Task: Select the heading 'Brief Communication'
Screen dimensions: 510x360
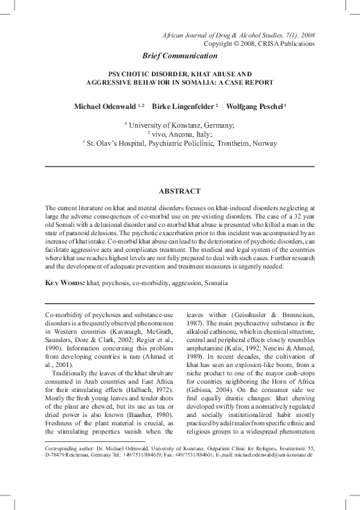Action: click(x=180, y=55)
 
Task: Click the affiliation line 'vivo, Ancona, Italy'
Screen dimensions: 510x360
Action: click(x=181, y=133)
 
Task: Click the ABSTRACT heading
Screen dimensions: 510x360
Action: click(x=180, y=190)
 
